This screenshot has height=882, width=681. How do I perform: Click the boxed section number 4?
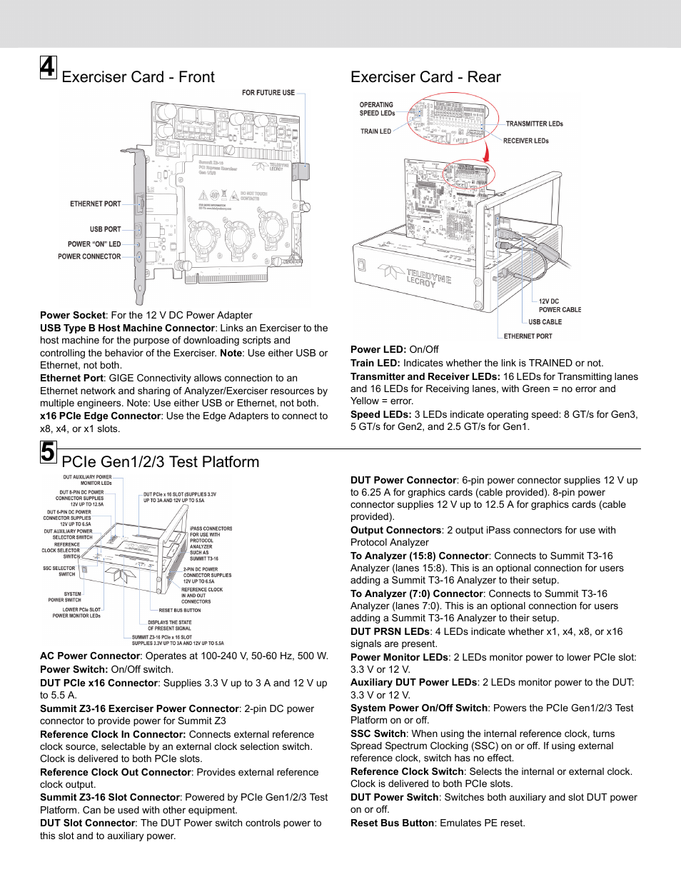tap(48, 67)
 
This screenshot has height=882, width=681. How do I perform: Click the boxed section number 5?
tap(48, 452)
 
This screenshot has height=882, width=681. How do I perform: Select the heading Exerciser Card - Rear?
tap(425, 77)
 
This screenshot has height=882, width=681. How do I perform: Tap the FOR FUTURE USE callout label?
tap(268, 93)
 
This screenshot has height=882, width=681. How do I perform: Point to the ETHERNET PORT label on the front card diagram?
tap(95, 204)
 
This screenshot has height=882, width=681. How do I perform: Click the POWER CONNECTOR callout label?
tap(89, 256)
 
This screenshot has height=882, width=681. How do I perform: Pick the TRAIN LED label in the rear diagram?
tap(375, 131)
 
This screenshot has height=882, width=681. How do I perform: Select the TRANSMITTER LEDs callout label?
tap(534, 124)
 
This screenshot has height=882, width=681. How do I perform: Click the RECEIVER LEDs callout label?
tap(525, 141)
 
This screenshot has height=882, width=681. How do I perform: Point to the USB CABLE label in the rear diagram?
tap(545, 322)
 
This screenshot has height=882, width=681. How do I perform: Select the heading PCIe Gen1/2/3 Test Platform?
tap(161, 462)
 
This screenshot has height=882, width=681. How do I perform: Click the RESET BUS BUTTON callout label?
tap(179, 611)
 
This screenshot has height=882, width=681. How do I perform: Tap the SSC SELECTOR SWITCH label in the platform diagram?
tap(59, 571)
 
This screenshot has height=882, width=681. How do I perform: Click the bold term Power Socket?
tap(73, 315)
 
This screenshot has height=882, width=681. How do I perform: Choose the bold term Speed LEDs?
tap(380, 414)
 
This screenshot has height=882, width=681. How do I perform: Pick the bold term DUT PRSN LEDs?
tap(390, 631)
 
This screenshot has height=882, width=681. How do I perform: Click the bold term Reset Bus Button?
tap(392, 823)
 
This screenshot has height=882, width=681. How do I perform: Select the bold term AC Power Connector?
tap(90, 656)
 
